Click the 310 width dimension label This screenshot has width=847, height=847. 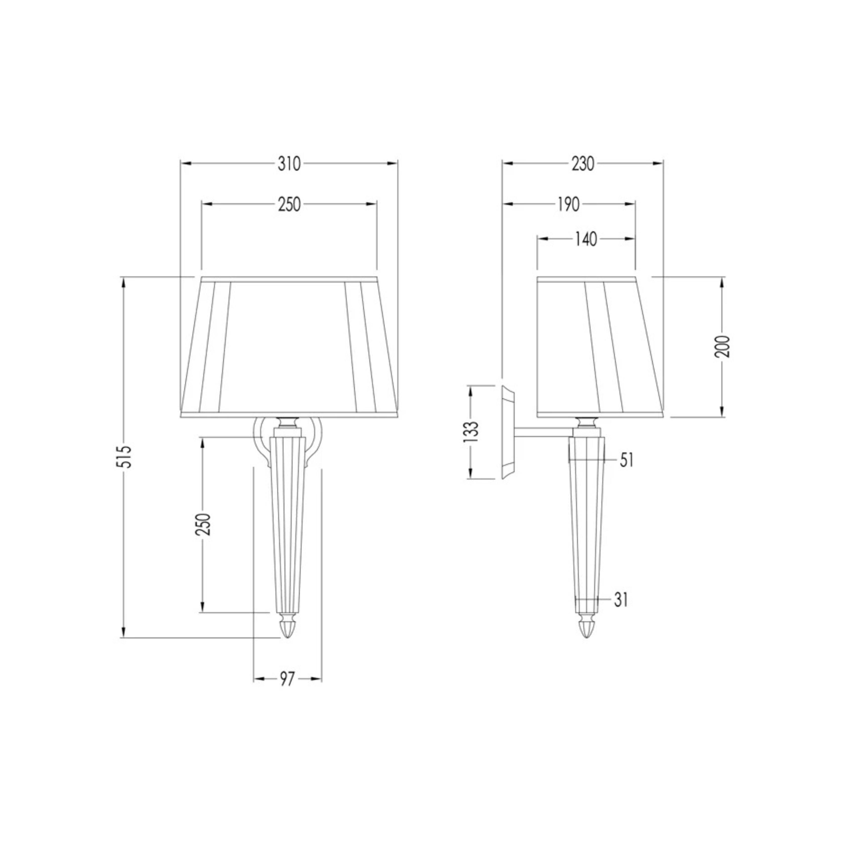[x=289, y=164]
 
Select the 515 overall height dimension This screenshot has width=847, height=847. [x=126, y=457]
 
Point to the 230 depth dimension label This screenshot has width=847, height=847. [x=583, y=164]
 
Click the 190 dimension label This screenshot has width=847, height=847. [x=569, y=204]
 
